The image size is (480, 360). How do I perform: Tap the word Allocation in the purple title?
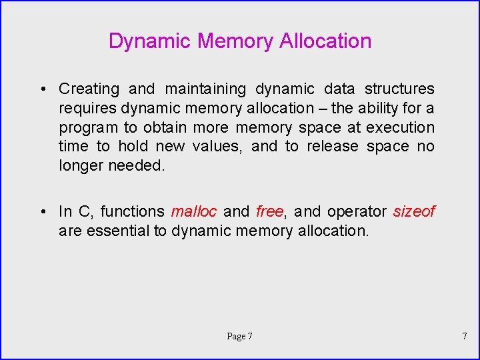(325, 41)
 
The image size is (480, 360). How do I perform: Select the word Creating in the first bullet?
(89, 89)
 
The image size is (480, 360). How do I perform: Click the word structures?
(399, 89)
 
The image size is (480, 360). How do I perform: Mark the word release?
(332, 146)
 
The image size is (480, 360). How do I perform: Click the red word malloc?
(194, 211)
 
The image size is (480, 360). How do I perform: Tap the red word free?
(269, 211)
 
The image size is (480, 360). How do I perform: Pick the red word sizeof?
(413, 211)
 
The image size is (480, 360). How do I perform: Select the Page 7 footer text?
(239, 336)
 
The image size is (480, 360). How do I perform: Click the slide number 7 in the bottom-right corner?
(465, 336)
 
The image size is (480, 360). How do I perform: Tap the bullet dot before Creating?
(42, 89)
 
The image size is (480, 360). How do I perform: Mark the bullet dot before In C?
(42, 212)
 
